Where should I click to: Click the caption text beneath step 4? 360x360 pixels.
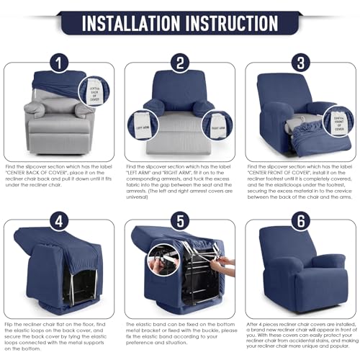[x=60, y=333]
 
